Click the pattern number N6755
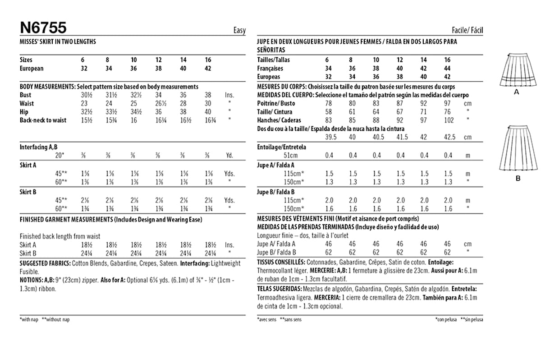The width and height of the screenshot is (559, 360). (x=43, y=28)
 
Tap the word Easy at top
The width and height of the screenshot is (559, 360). (x=239, y=31)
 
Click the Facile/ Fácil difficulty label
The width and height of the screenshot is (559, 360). (x=467, y=31)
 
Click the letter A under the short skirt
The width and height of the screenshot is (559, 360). (x=517, y=92)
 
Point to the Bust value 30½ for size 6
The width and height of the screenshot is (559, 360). (x=84, y=95)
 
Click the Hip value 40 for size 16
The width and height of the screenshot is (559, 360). (x=208, y=112)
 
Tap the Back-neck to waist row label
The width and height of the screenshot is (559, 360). (x=43, y=120)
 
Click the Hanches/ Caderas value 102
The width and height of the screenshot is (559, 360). (x=447, y=120)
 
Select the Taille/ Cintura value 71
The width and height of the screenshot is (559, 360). (x=423, y=112)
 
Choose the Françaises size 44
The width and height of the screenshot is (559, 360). (x=447, y=69)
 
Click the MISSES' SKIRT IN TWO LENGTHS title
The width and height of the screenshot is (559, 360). (x=58, y=41)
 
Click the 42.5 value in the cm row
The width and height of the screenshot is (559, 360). (x=447, y=137)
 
